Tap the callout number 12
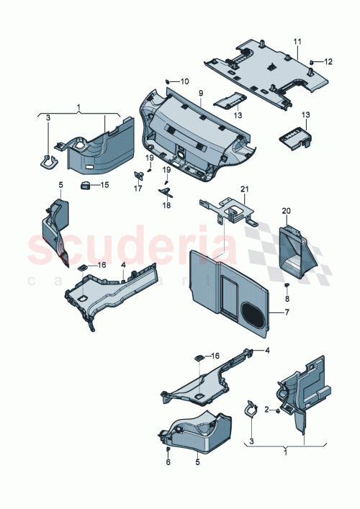point(328,61)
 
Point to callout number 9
point(202,94)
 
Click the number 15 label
point(104,186)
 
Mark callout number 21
point(244,189)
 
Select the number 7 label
point(286,313)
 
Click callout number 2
point(267,410)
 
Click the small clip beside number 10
point(168,81)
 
